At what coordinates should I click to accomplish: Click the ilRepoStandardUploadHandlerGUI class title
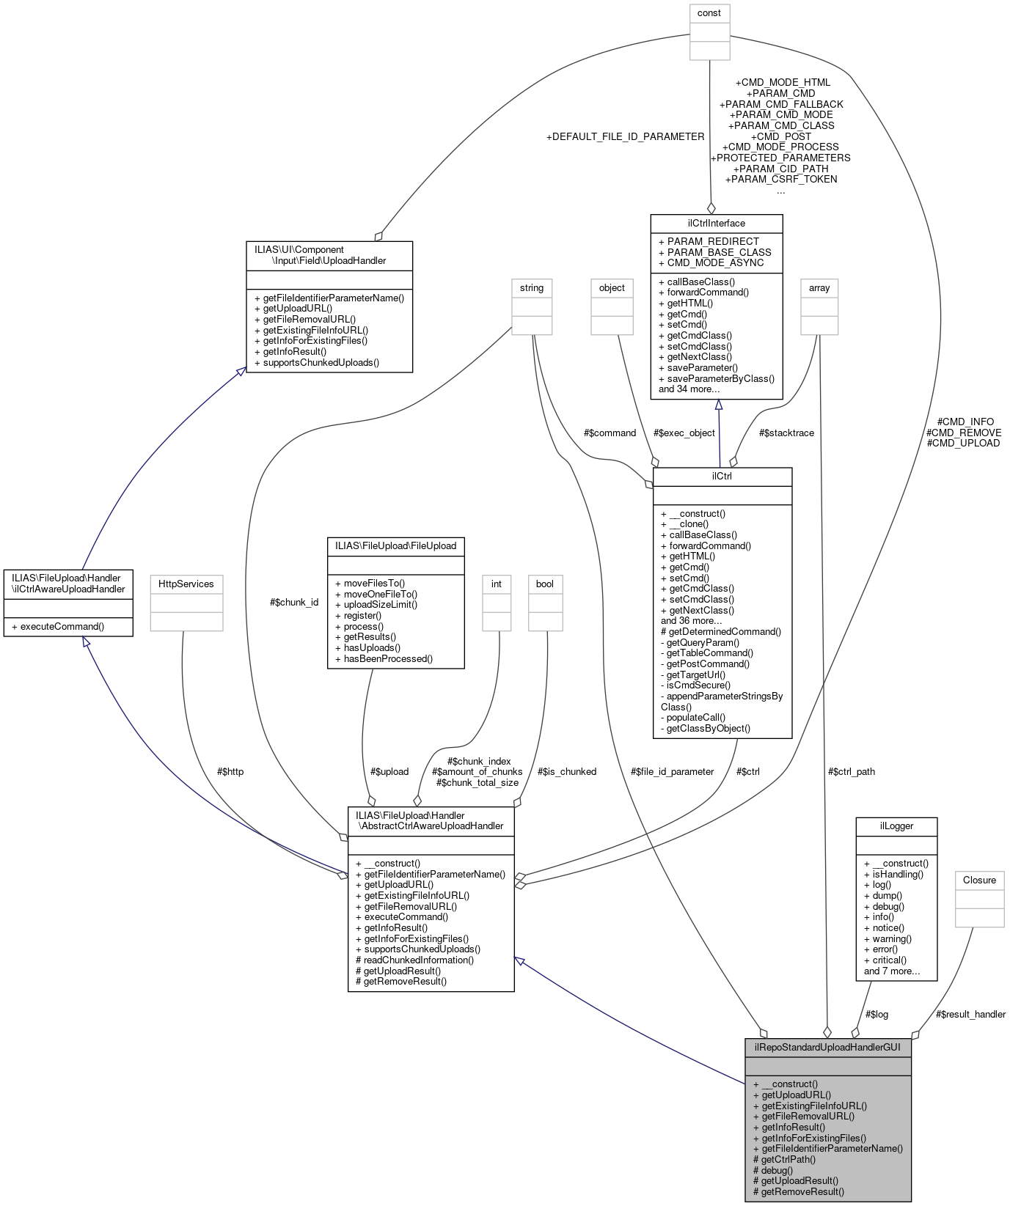point(827,1047)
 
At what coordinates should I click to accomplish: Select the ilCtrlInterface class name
point(717,223)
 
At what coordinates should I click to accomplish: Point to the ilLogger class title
point(896,826)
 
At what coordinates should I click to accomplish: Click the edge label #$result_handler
point(970,1015)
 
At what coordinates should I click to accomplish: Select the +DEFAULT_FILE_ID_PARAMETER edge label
point(625,136)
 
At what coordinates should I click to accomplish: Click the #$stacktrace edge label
point(786,433)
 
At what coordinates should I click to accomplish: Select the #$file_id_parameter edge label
point(672,771)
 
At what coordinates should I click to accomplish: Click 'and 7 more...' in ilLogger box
point(891,971)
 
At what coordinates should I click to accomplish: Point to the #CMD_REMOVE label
point(964,433)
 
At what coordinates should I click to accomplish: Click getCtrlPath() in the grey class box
point(788,1160)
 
